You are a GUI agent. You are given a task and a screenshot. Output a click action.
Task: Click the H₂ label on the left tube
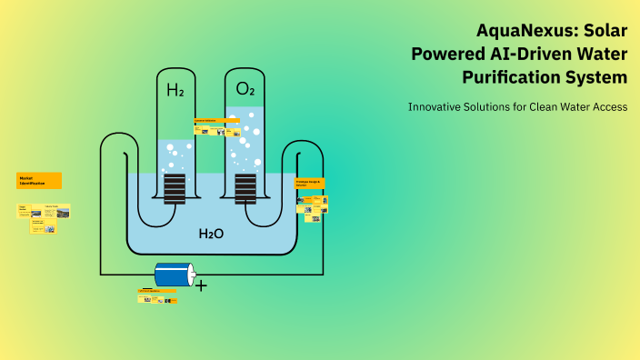click(175, 90)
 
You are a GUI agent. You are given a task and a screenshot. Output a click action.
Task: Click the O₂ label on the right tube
click(245, 89)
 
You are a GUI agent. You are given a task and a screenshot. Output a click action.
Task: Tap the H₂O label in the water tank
click(211, 234)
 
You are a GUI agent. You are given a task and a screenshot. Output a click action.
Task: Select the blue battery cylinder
click(174, 274)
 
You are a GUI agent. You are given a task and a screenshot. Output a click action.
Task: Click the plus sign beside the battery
click(201, 285)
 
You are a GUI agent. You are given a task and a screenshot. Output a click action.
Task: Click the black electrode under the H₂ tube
click(175, 188)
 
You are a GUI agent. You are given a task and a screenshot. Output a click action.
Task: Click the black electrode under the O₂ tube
click(245, 188)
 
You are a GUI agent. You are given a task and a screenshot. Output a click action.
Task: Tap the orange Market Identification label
click(39, 180)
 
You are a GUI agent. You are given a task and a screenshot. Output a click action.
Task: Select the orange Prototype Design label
click(309, 183)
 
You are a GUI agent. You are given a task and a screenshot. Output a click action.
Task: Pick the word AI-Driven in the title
click(534, 54)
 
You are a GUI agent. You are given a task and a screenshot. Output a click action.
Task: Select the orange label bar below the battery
click(156, 291)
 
